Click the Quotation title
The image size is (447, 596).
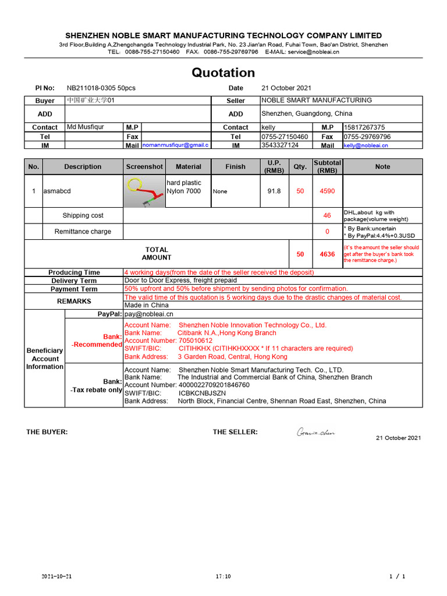(223, 73)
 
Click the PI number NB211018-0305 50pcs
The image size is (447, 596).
(101, 88)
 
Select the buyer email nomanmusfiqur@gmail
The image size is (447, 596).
(175, 145)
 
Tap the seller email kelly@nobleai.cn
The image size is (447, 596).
(366, 146)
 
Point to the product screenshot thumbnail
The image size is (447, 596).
(144, 191)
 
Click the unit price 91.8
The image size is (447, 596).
(274, 191)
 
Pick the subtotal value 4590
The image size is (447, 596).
(327, 191)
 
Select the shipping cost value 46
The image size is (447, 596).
(327, 215)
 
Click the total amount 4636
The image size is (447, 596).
(327, 254)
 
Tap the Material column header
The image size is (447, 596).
(188, 166)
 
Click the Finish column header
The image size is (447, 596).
(235, 166)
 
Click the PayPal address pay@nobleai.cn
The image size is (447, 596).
(149, 314)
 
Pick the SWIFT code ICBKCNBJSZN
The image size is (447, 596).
(202, 393)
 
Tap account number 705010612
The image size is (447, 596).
(196, 340)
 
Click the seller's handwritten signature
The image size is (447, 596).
(315, 432)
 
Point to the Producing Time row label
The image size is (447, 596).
(74, 272)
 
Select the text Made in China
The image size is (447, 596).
(147, 305)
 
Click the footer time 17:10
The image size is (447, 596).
(223, 577)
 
